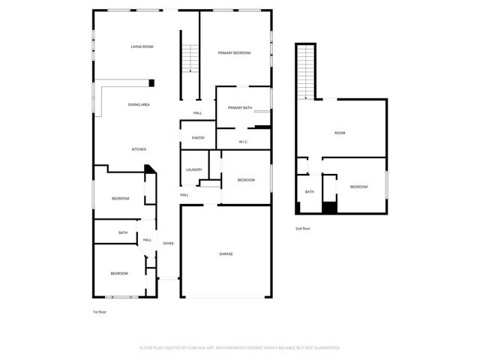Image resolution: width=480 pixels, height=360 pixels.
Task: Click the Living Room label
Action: tap(142, 46)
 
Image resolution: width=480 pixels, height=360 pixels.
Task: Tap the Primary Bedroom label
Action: tap(234, 52)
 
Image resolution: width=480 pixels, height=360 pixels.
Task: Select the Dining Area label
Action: tap(139, 104)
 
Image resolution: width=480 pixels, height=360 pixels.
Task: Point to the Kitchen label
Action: tap(139, 148)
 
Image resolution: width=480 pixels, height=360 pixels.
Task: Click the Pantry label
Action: tap(198, 137)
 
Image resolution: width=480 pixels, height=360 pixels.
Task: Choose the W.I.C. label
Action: tap(243, 141)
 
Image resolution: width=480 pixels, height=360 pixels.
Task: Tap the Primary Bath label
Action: tap(241, 108)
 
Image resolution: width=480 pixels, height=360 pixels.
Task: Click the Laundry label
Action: tap(193, 169)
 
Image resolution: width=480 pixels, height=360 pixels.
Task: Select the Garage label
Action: tap(226, 253)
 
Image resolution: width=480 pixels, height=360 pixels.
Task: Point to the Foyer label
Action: tap(169, 243)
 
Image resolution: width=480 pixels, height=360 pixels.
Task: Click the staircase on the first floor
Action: tap(191, 58)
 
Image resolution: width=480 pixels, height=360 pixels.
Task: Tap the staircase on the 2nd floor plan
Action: tap(305, 71)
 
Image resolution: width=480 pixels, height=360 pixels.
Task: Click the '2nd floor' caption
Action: tap(303, 228)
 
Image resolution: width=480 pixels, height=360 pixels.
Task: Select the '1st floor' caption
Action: tap(100, 311)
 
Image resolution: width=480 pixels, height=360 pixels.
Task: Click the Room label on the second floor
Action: tap(340, 133)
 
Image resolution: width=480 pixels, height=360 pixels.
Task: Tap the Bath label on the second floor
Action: tap(309, 191)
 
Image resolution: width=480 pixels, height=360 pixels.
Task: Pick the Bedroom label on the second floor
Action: tap(358, 186)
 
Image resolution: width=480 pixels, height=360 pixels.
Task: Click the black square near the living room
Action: tap(151, 82)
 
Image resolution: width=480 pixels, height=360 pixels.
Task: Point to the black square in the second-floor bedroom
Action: tap(328, 207)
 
